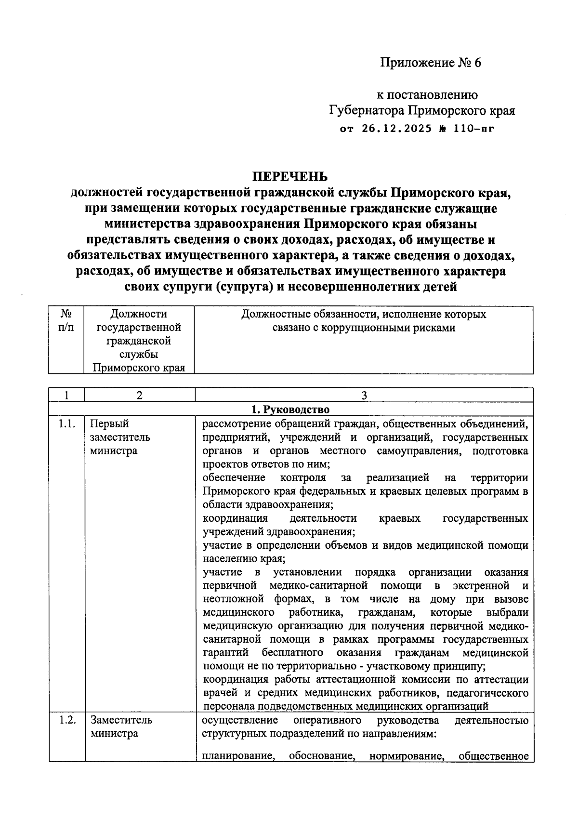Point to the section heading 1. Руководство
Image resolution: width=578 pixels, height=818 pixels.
(291, 409)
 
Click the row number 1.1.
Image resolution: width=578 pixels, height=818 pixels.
(66, 424)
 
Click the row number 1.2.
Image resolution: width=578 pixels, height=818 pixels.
(66, 720)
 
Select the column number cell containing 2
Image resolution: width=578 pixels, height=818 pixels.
(139, 396)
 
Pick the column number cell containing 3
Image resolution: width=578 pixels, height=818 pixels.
(364, 396)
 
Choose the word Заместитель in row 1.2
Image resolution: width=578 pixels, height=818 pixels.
(121, 720)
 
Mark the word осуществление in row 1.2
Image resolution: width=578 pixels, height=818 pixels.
(240, 720)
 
